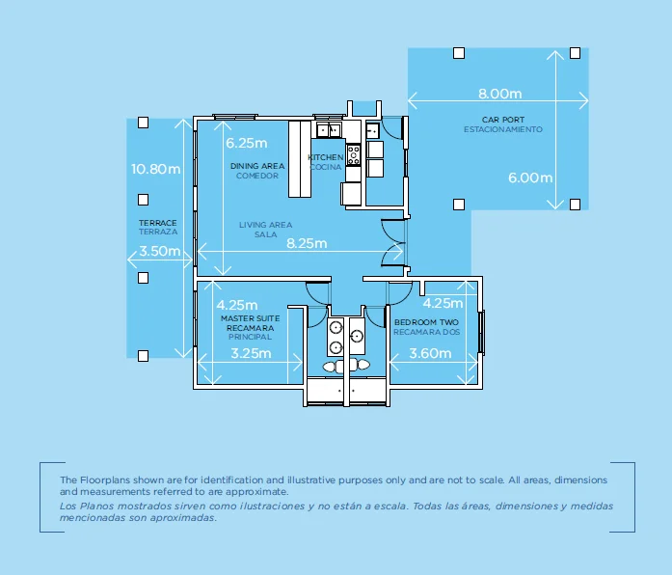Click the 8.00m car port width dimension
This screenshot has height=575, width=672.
(499, 95)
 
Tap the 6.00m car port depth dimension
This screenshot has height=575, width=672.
(529, 178)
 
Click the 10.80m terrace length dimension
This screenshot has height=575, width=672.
(155, 169)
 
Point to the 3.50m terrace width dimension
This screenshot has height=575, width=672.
(159, 251)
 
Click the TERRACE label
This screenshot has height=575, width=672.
(158, 223)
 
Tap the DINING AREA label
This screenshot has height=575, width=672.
(257, 166)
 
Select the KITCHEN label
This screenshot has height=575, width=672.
(325, 157)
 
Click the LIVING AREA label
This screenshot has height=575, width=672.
(265, 225)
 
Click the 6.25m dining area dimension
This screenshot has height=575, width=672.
(246, 143)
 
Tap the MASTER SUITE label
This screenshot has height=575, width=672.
(250, 317)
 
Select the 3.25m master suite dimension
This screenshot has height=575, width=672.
(251, 353)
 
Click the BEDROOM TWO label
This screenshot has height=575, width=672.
(425, 322)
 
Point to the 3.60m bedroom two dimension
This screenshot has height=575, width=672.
(430, 353)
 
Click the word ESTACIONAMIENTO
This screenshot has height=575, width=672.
(502, 129)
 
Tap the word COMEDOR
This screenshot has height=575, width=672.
(257, 176)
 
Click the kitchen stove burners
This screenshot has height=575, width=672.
(353, 151)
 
